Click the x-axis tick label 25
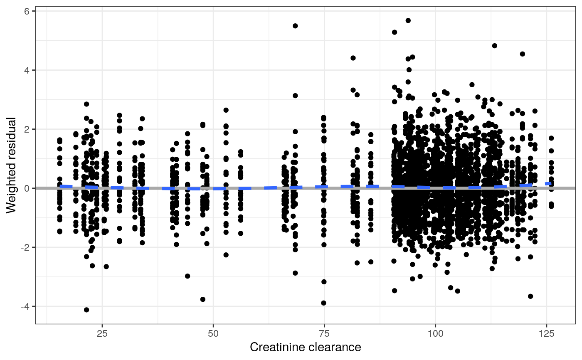tap(102, 333)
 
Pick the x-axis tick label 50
tap(213, 333)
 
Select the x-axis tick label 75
tap(324, 333)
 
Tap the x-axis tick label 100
tap(435, 333)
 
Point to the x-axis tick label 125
tap(546, 333)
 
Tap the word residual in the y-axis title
tap(12, 137)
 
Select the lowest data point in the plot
tap(86, 310)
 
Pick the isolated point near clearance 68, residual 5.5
tap(295, 26)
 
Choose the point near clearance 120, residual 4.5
tap(523, 54)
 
